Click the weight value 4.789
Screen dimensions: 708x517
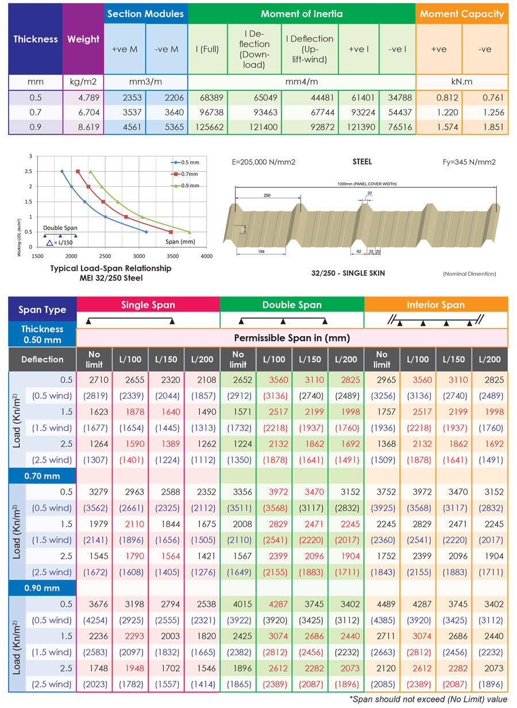[83, 98]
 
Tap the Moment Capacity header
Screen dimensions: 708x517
[462, 14]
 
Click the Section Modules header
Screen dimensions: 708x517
[146, 14]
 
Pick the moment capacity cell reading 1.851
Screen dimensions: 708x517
[485, 127]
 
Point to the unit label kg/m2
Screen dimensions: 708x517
[83, 82]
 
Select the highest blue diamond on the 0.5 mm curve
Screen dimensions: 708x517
[62, 171]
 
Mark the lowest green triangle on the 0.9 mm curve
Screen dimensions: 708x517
[190, 232]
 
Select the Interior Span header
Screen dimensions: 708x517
[436, 305]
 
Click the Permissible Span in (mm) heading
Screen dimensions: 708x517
[292, 337]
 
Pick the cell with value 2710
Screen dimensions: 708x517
[94, 380]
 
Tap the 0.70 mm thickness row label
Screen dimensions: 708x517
[43, 476]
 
